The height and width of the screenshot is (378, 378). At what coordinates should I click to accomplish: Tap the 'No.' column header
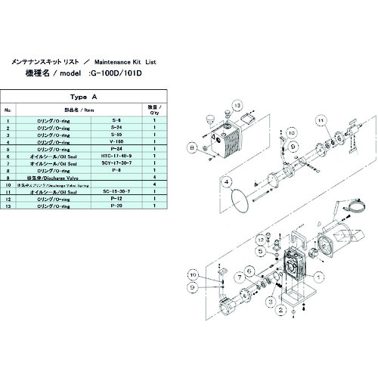[8, 110]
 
